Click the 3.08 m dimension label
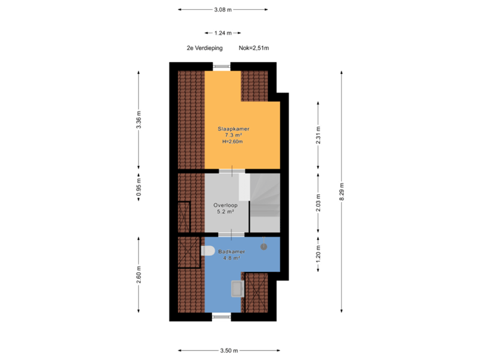(223, 10)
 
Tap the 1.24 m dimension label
(223, 33)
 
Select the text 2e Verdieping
(205, 48)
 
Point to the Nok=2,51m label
(254, 48)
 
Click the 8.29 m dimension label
(342, 191)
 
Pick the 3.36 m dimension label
(139, 120)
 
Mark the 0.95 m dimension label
(139, 187)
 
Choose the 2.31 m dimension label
(319, 135)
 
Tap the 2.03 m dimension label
(319, 203)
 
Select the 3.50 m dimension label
(229, 351)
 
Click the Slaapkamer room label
(233, 129)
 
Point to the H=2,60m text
(233, 141)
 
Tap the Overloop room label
(225, 205)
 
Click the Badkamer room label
(231, 251)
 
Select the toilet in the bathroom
(208, 251)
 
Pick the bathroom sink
(237, 289)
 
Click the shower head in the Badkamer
(263, 247)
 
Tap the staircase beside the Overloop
(265, 203)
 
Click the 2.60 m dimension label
(139, 275)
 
